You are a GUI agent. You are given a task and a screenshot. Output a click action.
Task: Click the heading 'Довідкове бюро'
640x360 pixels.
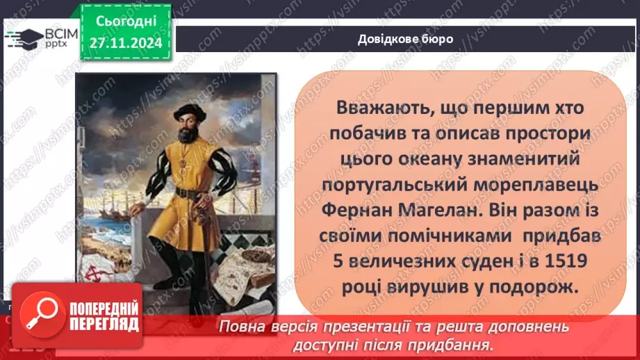pyautogui.click(x=405, y=39)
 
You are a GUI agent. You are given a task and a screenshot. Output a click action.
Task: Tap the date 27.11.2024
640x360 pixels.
pyautogui.click(x=126, y=43)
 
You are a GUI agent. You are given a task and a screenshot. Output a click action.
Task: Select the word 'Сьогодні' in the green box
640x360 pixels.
pyautogui.click(x=126, y=22)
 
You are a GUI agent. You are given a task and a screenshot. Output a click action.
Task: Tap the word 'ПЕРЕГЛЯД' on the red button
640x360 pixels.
pyautogui.click(x=104, y=325)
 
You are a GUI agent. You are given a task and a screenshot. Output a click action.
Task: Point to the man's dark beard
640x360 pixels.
pyautogui.click(x=188, y=134)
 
